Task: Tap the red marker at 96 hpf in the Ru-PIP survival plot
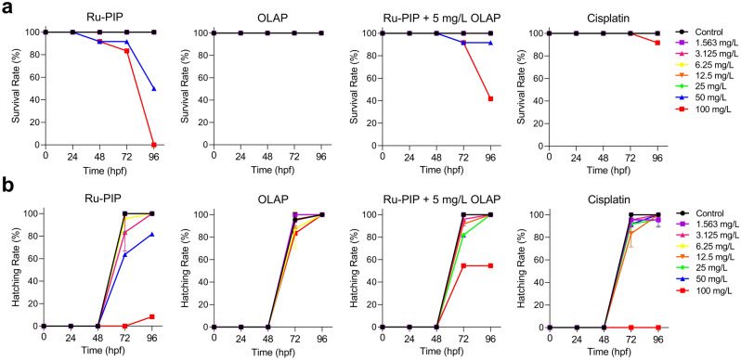coord(153,145)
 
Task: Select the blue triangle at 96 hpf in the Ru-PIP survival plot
coord(153,89)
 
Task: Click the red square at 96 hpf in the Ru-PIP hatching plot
coord(153,317)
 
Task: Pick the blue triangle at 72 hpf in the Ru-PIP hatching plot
coord(125,253)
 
